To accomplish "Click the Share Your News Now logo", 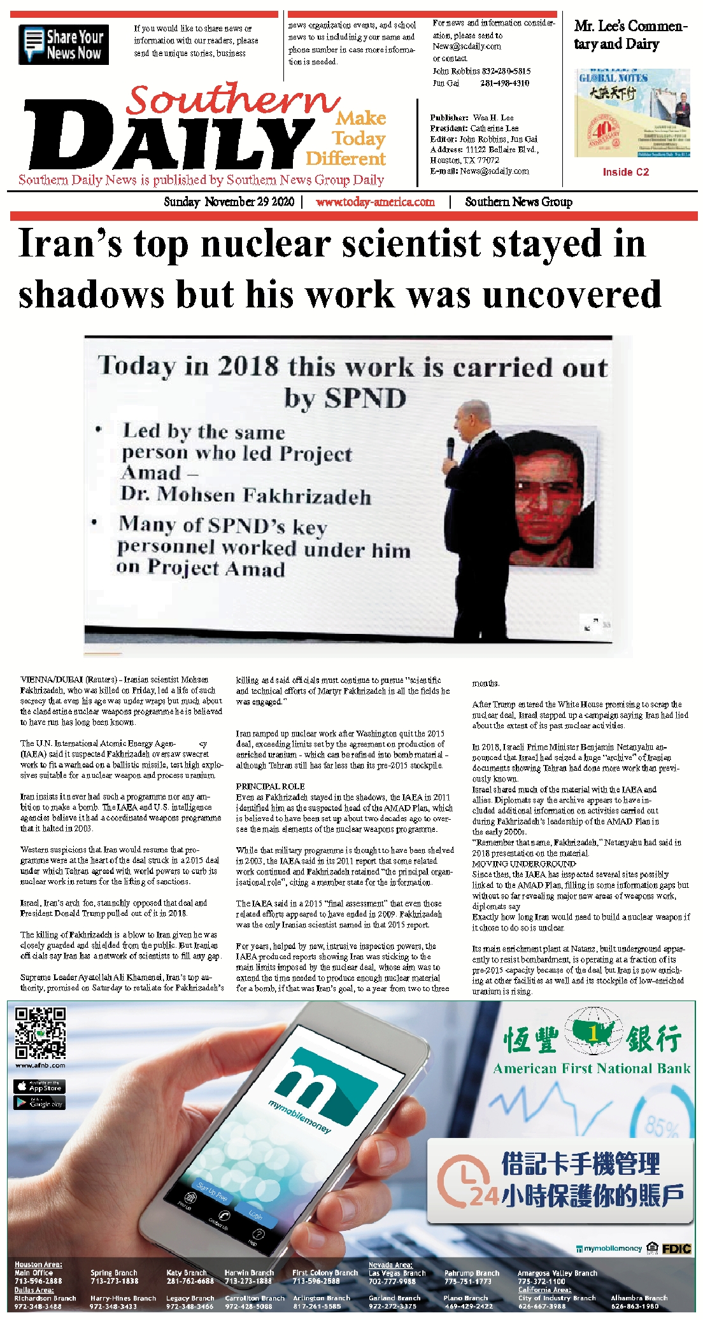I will (x=64, y=45).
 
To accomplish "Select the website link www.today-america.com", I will (x=375, y=202).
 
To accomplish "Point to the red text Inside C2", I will (x=625, y=172).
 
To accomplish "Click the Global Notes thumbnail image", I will (x=632, y=113).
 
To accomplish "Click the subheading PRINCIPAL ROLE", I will (x=270, y=786).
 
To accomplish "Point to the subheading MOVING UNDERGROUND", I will (x=523, y=864).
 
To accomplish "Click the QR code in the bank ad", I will (x=40, y=1032).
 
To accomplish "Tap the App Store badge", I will (x=39, y=1086).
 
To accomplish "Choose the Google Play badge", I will (x=39, y=1102).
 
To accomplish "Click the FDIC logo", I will (x=676, y=1249).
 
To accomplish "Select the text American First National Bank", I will (x=592, y=1069).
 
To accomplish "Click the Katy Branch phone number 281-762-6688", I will (x=190, y=1281).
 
